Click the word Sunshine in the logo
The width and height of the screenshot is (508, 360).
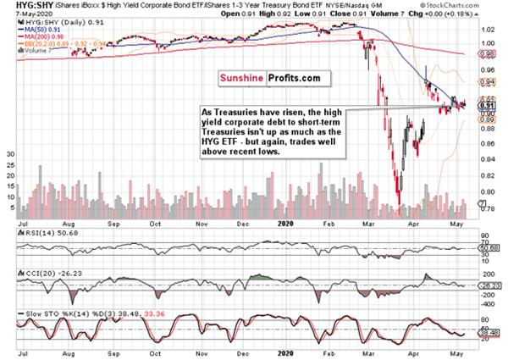pos(242,76)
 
